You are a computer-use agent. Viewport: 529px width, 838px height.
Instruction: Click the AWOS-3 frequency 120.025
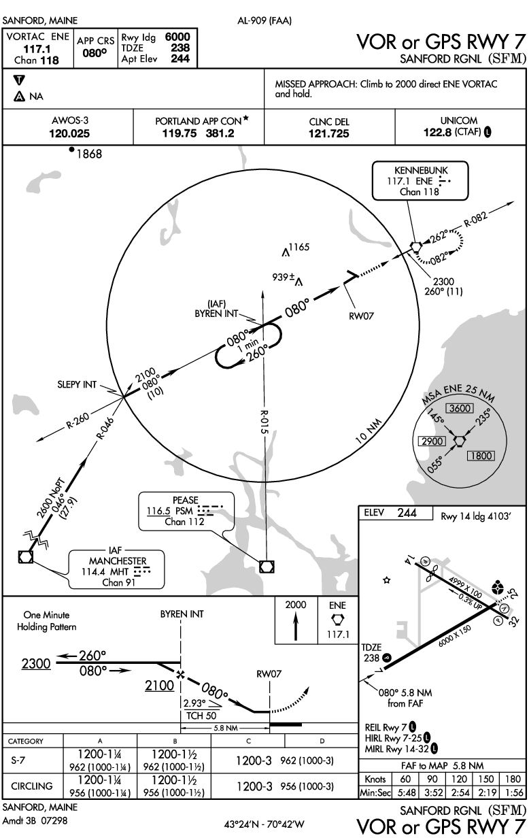69,134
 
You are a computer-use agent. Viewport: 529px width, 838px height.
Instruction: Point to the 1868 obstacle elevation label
88,154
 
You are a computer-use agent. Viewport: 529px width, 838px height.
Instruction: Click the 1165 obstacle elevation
298,248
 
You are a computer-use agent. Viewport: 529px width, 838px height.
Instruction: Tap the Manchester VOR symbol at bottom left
25,556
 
